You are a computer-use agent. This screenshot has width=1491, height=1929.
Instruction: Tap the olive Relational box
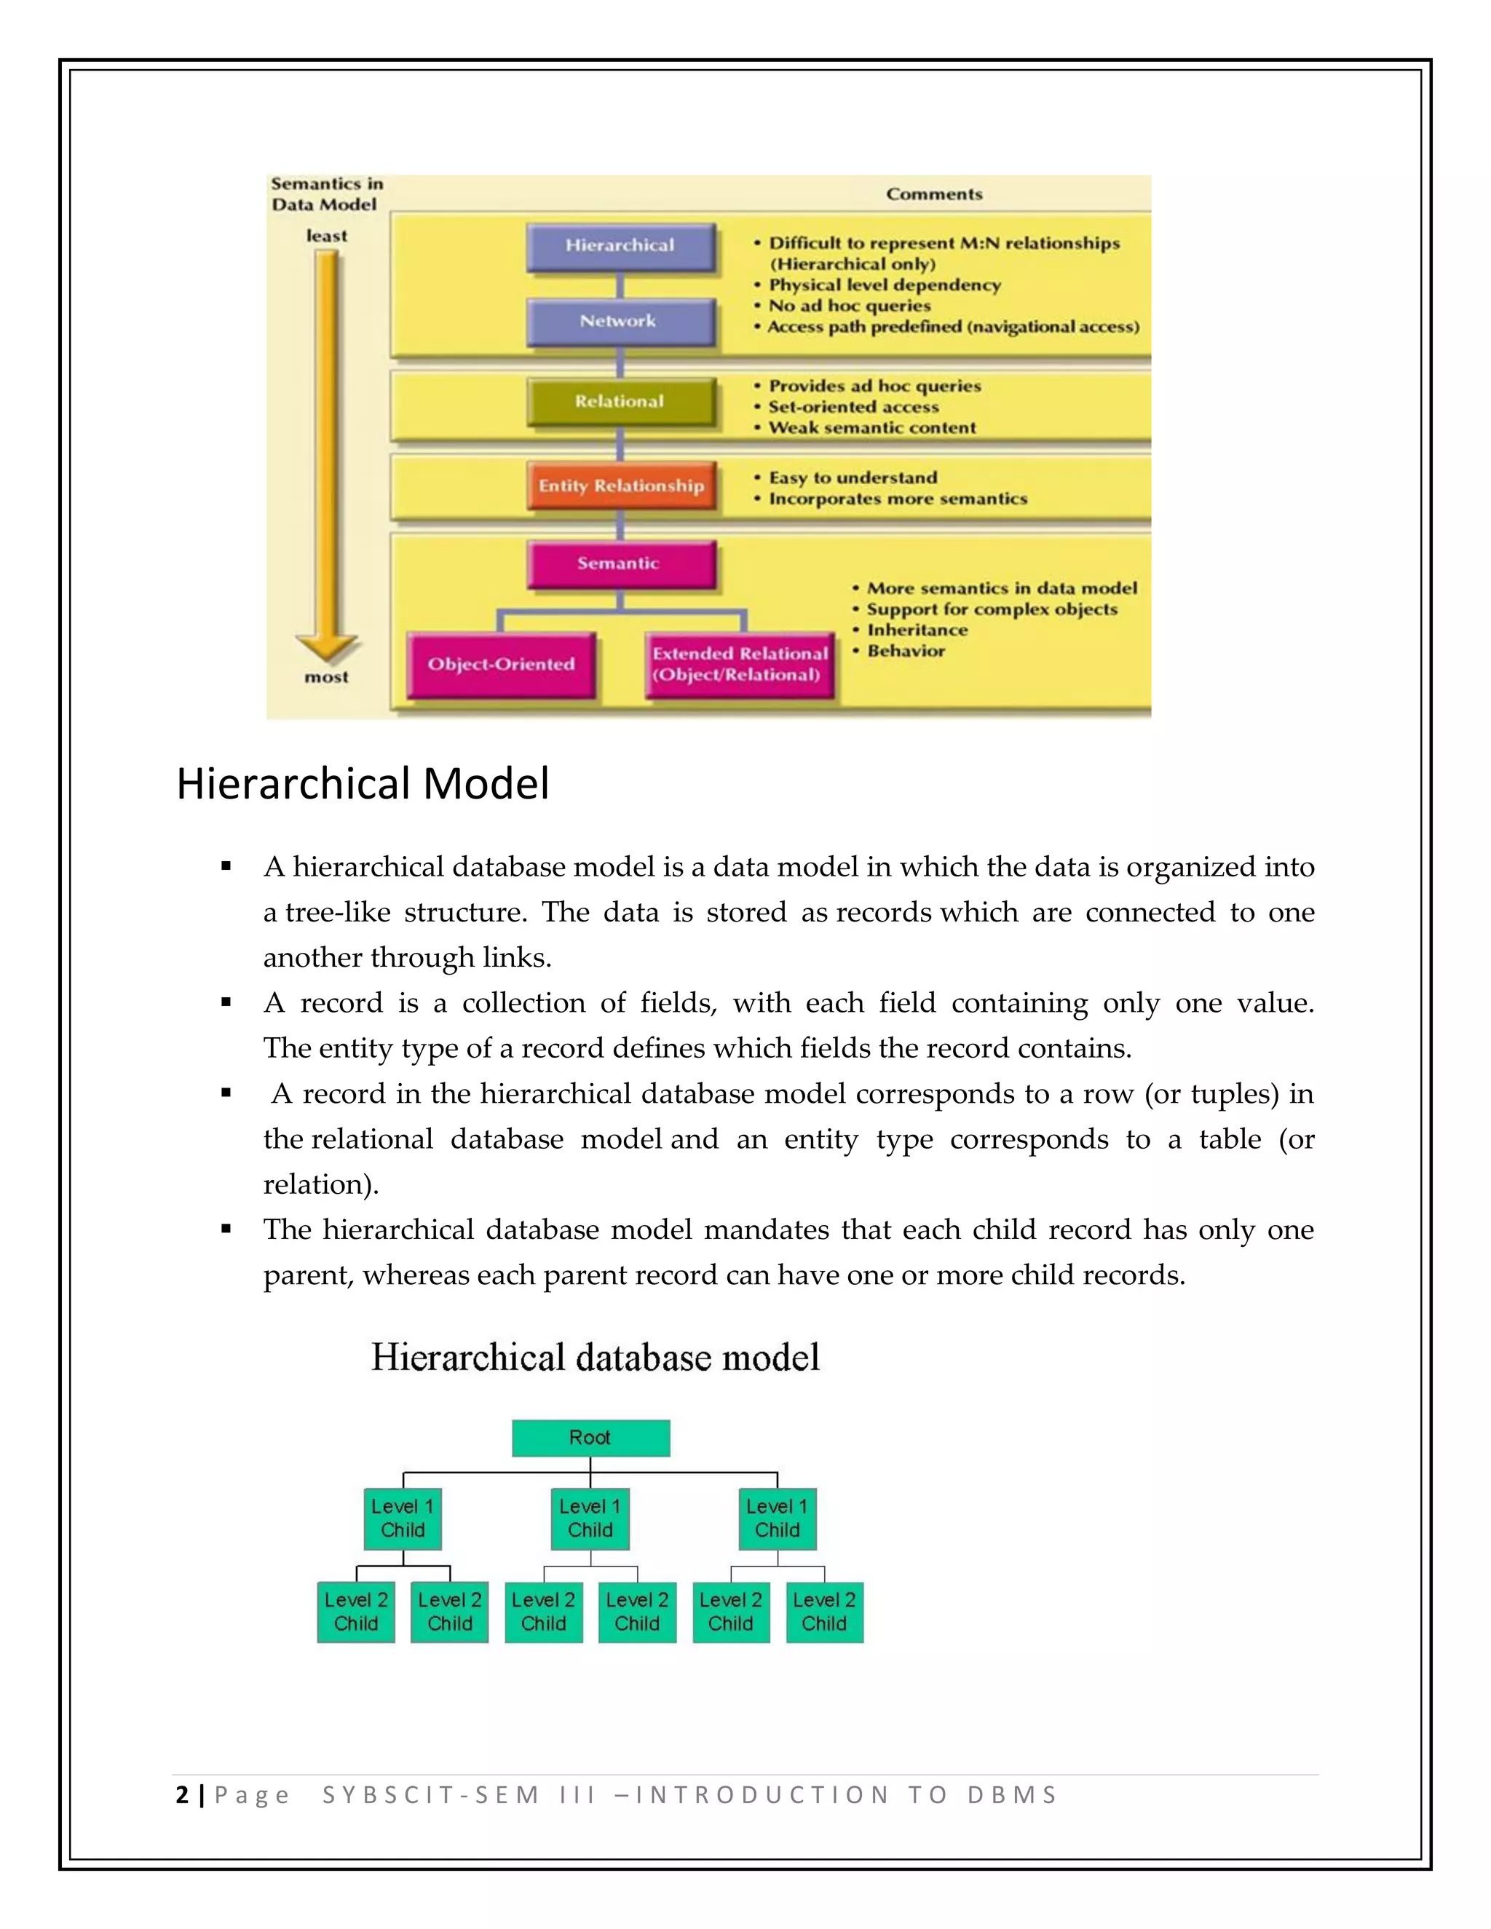pos(620,402)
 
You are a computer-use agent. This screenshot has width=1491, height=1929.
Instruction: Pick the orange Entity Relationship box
pos(621,486)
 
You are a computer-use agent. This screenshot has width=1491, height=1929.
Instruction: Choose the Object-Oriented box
pos(501,664)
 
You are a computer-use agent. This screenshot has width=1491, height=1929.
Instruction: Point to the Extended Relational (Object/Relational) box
pos(740,664)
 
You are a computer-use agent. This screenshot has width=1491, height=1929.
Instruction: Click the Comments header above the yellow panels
pos(933,194)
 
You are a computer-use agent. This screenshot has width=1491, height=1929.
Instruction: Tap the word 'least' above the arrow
pos(326,236)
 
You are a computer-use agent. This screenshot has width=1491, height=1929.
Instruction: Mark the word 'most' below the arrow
pos(326,678)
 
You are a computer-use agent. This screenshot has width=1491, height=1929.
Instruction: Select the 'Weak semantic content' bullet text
pos(871,428)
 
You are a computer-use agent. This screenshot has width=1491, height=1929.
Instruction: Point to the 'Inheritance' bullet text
pos(917,630)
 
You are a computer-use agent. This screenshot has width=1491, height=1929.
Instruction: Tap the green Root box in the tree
pos(590,1437)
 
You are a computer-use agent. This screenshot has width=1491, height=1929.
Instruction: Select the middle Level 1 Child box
pos(590,1518)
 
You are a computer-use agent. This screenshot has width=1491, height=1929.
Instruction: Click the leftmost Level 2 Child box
pos(356,1612)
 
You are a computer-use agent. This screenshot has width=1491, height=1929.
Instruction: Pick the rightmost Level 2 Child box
pos(824,1612)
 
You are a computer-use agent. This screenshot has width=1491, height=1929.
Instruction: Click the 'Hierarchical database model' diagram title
pos(596,1358)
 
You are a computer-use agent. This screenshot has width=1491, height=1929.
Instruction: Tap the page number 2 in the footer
pos(182,1795)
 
